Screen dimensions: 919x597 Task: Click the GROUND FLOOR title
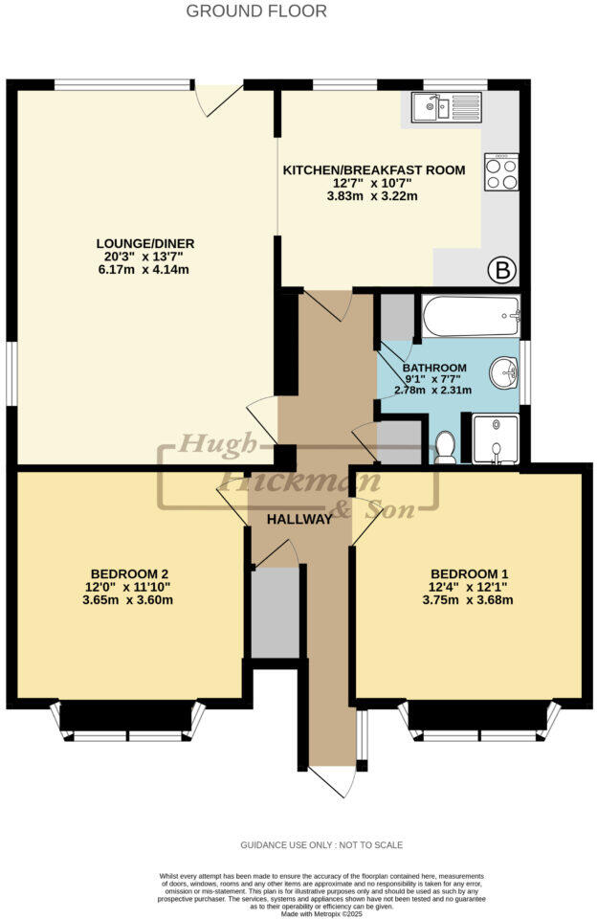coord(255,11)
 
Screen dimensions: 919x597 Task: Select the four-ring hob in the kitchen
coord(501,172)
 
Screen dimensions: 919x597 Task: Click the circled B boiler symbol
coord(500,271)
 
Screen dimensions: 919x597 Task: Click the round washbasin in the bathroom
coord(503,370)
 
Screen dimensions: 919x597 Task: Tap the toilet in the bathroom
coord(445,446)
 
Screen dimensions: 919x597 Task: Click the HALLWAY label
coord(299,519)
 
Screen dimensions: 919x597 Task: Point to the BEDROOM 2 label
coord(130,573)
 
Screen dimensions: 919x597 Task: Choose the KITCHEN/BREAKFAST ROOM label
coord(374,170)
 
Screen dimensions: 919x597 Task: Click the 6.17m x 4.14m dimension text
coord(146,270)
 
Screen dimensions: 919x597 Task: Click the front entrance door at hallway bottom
coord(331,780)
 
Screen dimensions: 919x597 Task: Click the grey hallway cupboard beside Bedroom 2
coord(276,613)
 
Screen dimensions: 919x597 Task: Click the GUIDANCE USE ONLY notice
coord(321,845)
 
